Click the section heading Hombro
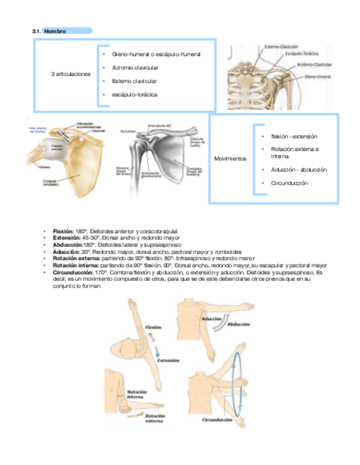coord(55,31)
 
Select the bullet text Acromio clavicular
coord(135,67)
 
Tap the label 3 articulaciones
coord(70,74)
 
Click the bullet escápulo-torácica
coord(134,94)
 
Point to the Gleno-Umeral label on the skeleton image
coord(317,77)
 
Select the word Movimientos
coord(230,159)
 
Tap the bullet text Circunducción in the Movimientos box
coord(289,183)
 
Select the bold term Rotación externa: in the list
coord(74,258)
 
